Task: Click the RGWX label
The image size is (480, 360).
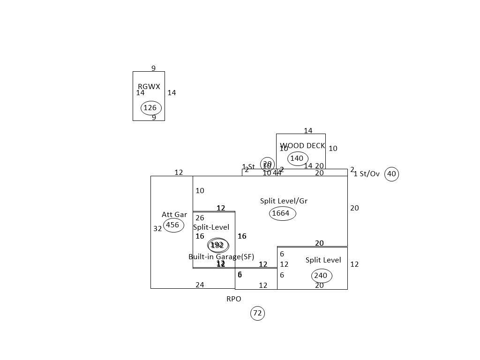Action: [x=149, y=87]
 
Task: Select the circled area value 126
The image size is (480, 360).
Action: [x=150, y=108]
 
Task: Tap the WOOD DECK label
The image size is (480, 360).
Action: [x=302, y=146]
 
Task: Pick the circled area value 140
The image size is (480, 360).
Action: [x=297, y=158]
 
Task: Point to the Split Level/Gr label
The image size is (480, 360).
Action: [x=284, y=201]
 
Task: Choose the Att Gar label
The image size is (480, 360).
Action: [x=174, y=215]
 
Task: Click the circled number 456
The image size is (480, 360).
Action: [x=173, y=225]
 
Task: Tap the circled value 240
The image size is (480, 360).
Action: [x=322, y=276]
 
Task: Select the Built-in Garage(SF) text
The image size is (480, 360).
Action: [x=221, y=257]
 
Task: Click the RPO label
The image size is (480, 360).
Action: [x=234, y=299]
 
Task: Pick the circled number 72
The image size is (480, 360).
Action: [x=257, y=313]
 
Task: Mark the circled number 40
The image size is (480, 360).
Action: [x=391, y=174]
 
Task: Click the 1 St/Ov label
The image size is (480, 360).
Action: [x=367, y=174]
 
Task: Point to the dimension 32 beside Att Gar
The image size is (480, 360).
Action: [x=157, y=229]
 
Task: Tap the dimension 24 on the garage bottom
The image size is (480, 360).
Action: [x=200, y=285]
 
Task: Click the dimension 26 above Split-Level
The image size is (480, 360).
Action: [x=200, y=218]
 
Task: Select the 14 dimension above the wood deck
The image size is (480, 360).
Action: [x=308, y=131]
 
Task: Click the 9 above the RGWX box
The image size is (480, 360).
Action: [x=153, y=68]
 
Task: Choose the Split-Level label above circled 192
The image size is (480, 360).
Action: [x=211, y=227]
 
